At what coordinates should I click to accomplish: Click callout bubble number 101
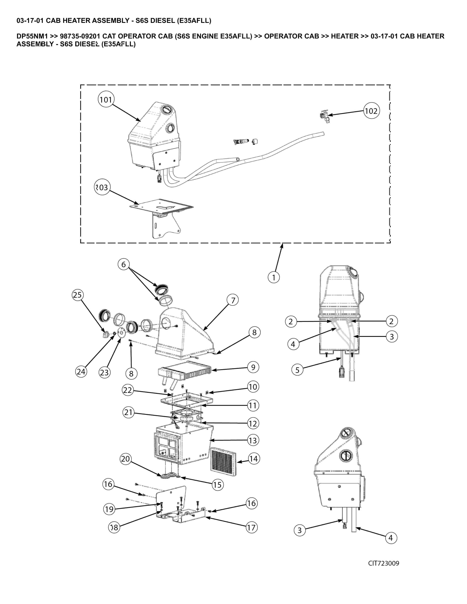(106, 100)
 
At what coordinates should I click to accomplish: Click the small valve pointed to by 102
(324, 116)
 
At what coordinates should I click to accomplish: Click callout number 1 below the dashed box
(274, 277)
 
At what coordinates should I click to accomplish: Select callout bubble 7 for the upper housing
(233, 300)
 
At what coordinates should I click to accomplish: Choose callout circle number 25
(77, 295)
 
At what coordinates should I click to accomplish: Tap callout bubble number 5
(297, 370)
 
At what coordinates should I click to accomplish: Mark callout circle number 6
(124, 264)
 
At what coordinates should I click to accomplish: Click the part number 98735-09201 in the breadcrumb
(80, 36)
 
